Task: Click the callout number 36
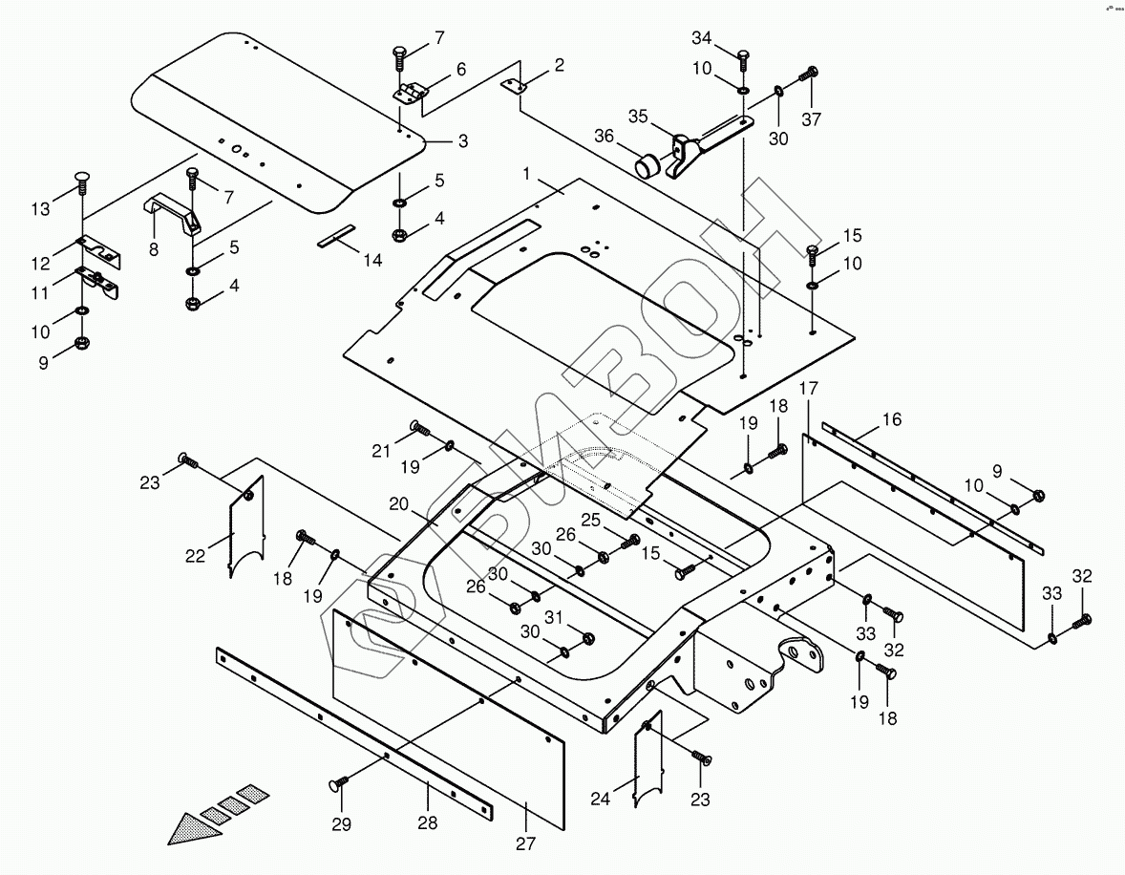(x=605, y=136)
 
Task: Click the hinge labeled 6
(x=410, y=94)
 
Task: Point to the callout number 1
(x=526, y=174)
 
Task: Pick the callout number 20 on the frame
(x=399, y=504)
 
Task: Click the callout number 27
(x=526, y=843)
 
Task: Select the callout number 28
(x=428, y=822)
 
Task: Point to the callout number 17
(x=809, y=389)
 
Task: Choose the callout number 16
(x=892, y=419)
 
